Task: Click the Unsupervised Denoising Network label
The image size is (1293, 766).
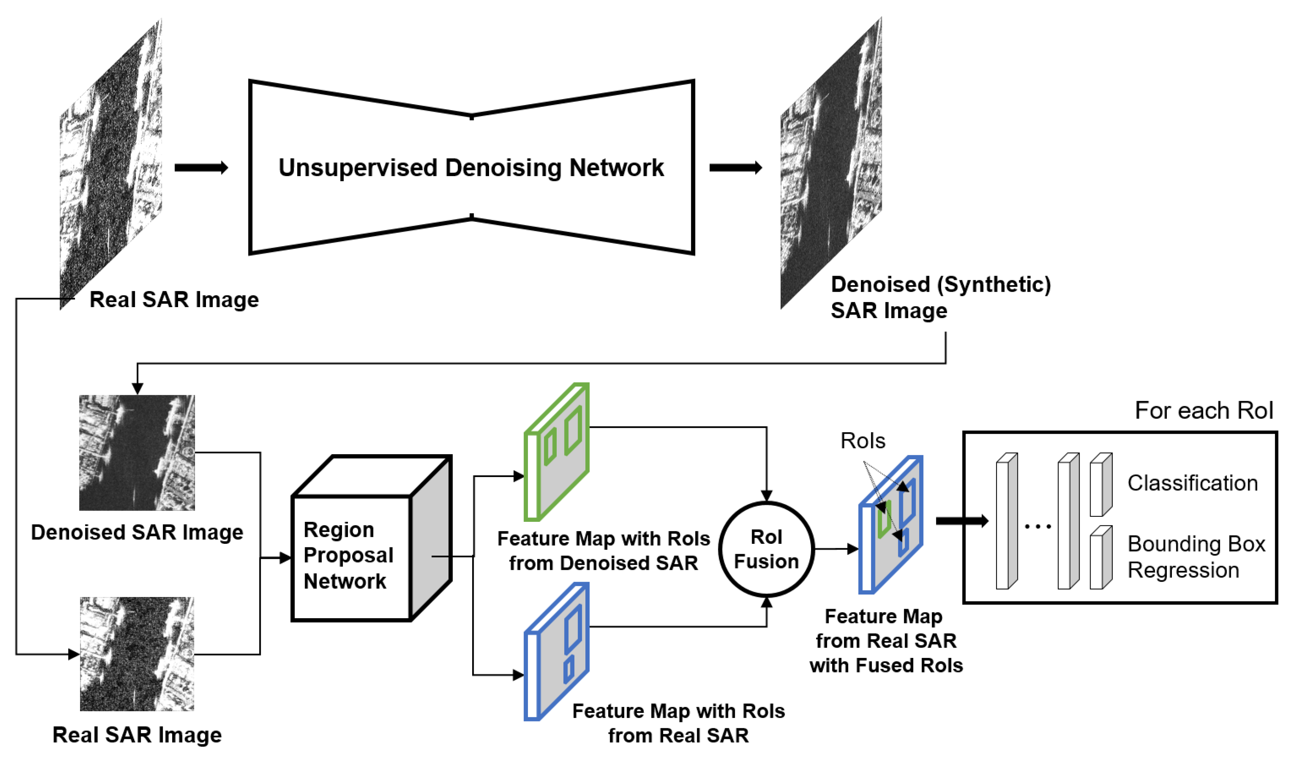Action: coord(471,168)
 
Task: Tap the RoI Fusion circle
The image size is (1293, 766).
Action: coord(766,549)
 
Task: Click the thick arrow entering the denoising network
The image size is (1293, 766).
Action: coord(201,168)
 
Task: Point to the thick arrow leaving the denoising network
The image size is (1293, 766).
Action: coord(735,168)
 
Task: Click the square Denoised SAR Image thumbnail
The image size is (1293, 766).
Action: coord(137,453)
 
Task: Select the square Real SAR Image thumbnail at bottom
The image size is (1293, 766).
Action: coord(137,654)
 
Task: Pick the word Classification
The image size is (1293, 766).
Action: coord(1192,483)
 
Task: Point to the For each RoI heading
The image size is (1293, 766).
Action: coord(1204,411)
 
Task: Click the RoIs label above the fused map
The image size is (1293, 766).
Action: coord(863,441)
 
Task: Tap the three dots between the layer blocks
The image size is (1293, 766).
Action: coord(1037,527)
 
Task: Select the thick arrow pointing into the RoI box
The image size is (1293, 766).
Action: coord(961,521)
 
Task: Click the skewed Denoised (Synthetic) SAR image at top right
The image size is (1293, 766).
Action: coord(831,165)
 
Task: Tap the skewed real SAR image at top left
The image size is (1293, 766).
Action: coord(111,165)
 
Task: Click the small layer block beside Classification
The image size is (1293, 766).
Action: coord(1100,485)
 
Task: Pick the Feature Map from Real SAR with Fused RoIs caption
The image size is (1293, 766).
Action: coord(885,641)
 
